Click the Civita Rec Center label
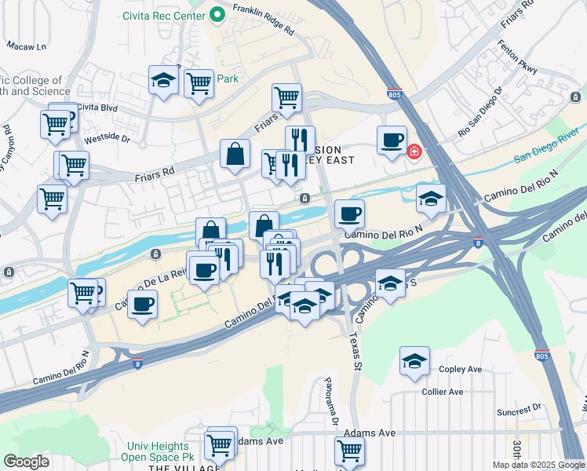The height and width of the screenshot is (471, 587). (163, 16)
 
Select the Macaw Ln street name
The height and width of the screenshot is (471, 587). (27, 46)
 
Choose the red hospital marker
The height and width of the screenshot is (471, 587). (414, 151)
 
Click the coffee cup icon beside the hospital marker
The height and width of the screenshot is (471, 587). (392, 141)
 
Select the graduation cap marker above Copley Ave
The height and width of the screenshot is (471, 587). (414, 362)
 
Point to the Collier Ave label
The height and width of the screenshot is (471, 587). (442, 392)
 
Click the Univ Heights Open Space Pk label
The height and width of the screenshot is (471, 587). (161, 451)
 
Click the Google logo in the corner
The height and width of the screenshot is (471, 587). (26, 462)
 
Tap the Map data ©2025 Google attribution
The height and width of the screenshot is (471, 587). (538, 465)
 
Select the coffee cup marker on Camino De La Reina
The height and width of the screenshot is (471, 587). (142, 305)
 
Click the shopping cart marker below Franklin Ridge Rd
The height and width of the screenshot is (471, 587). (287, 98)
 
